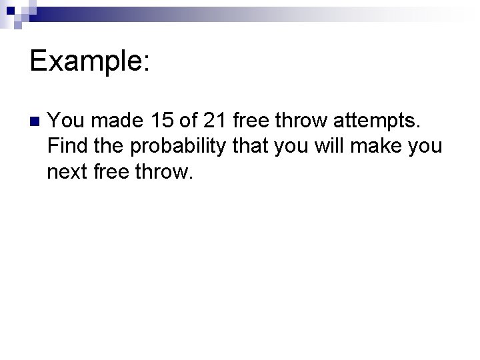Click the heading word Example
(89, 61)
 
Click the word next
(69, 173)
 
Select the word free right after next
(119, 172)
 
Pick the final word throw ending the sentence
(169, 172)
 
